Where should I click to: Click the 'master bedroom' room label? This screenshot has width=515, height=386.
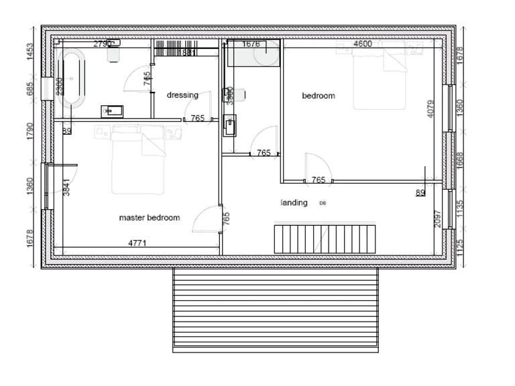click(x=149, y=218)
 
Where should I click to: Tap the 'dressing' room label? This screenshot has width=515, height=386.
click(x=182, y=95)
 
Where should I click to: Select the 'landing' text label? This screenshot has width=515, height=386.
click(x=294, y=202)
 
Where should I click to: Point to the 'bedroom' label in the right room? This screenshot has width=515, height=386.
click(x=319, y=96)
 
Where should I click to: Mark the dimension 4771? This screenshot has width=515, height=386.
click(x=137, y=243)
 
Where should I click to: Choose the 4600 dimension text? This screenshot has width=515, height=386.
click(x=362, y=44)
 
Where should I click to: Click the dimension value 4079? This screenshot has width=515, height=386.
click(x=431, y=109)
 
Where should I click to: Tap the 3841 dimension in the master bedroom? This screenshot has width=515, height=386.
click(x=66, y=187)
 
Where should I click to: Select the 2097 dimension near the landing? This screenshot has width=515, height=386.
click(x=438, y=219)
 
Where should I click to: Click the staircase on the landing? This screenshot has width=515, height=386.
click(x=323, y=239)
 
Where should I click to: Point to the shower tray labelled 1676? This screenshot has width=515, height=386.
click(x=253, y=54)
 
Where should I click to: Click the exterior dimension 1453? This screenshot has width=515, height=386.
click(x=30, y=52)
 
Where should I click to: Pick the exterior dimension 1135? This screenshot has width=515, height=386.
click(x=460, y=208)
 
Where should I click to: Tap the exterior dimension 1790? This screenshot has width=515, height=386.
click(x=30, y=131)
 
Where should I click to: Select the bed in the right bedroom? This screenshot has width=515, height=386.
click(x=380, y=56)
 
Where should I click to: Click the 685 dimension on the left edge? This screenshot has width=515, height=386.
click(x=30, y=89)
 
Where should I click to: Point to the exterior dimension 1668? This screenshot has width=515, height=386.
click(x=460, y=160)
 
